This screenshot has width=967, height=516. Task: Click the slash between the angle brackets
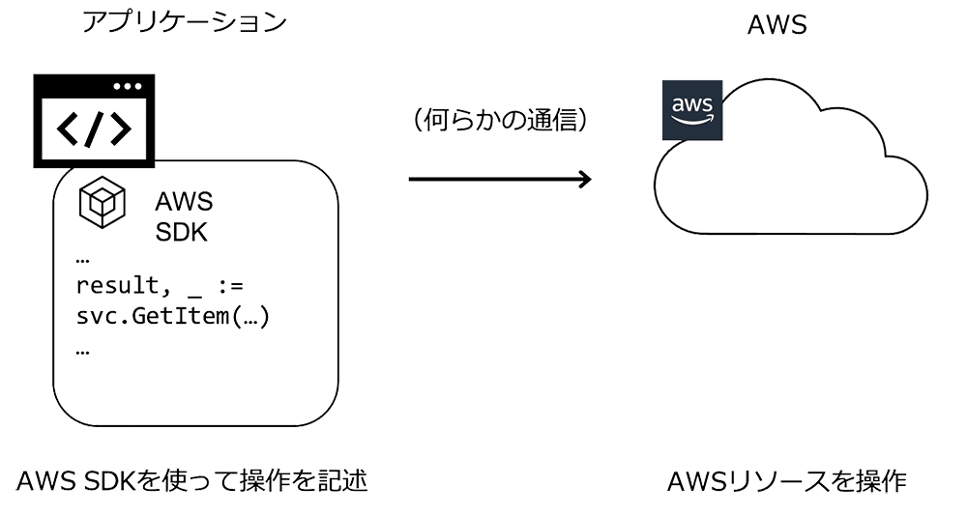[94, 129]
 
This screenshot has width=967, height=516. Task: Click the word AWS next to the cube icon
[184, 203]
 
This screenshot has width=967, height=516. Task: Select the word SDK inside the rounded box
[181, 233]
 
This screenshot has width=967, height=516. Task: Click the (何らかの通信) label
[500, 123]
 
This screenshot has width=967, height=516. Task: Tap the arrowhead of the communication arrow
[583, 179]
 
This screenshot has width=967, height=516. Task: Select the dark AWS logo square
[690, 111]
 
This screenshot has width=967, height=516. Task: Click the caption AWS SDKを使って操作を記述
[192, 480]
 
